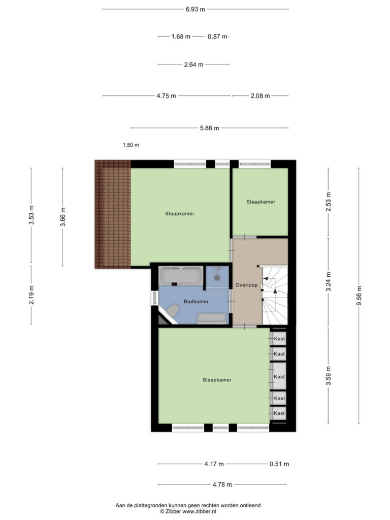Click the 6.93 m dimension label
point(196,9)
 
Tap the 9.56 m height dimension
point(359,296)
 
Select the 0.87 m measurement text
point(217,37)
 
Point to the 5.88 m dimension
point(210,128)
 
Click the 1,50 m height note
point(131,145)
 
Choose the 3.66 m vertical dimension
point(62,217)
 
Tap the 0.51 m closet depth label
point(279,464)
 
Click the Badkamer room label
point(197,302)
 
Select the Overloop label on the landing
point(246,285)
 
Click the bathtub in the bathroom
point(181,276)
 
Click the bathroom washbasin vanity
point(212,318)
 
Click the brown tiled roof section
point(113,214)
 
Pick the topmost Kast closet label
point(280,339)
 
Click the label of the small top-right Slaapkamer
point(261,202)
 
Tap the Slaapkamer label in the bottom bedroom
point(217,380)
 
